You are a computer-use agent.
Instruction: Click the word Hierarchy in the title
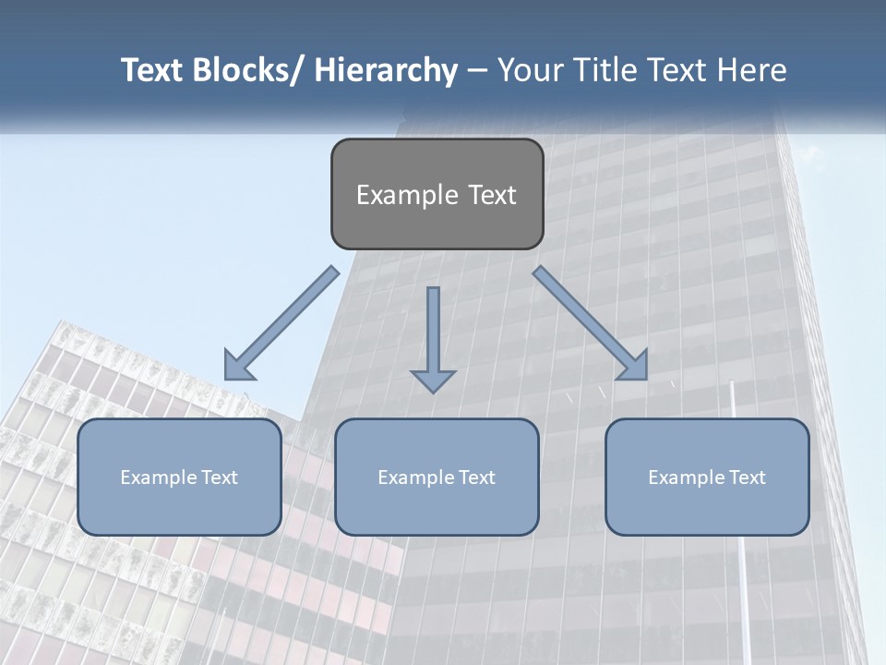tap(386, 70)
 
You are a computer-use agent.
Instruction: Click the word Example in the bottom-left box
tap(158, 478)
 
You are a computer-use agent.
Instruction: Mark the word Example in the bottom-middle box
tap(415, 478)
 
